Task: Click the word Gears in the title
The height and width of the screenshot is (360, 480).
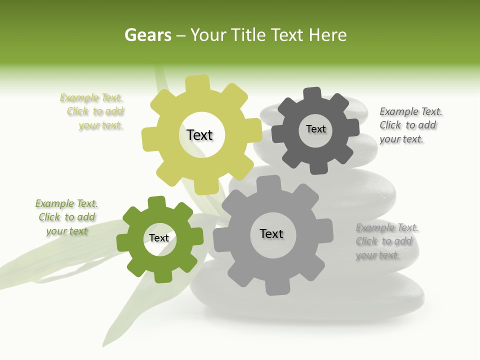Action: pyautogui.click(x=148, y=35)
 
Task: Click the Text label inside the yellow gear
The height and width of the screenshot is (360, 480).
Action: pyautogui.click(x=199, y=135)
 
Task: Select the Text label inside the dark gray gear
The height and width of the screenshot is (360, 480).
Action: pyautogui.click(x=315, y=129)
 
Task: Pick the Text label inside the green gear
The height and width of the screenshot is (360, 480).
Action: pyautogui.click(x=159, y=238)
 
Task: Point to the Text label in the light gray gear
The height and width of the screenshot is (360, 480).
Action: pyautogui.click(x=271, y=233)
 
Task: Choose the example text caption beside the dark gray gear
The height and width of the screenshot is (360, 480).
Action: pyautogui.click(x=410, y=125)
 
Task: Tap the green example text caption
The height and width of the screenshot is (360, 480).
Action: pyautogui.click(x=66, y=217)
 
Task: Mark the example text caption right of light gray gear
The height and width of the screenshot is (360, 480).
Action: pyautogui.click(x=386, y=241)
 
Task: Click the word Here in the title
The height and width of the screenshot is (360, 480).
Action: pyautogui.click(x=327, y=35)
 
